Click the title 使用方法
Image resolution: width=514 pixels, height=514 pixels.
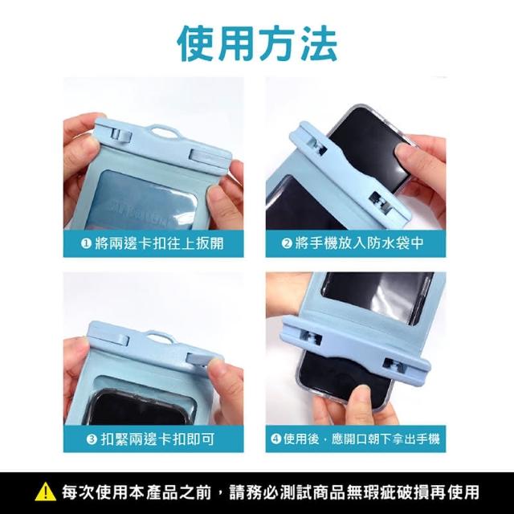[x=257, y=44]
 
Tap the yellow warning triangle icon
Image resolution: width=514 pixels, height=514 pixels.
[x=46, y=492]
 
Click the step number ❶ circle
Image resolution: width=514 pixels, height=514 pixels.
[x=86, y=243]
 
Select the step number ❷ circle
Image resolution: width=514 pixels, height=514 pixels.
[x=287, y=243]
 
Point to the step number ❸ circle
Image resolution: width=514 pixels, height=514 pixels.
[x=92, y=439]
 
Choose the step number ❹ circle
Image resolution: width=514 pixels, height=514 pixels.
[x=276, y=439]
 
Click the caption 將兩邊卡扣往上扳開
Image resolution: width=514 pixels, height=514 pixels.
[x=159, y=243]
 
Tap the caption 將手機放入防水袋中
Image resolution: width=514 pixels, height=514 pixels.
[x=359, y=243]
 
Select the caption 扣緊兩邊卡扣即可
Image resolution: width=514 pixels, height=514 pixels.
[x=158, y=439]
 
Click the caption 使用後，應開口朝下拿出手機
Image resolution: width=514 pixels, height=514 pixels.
[x=361, y=439]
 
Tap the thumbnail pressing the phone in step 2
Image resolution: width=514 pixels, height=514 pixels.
[x=406, y=153]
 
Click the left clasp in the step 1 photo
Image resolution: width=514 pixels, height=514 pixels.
[x=121, y=135]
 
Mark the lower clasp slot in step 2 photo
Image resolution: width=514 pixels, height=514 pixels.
[x=381, y=202]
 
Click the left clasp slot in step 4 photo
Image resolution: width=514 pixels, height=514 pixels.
[x=309, y=338]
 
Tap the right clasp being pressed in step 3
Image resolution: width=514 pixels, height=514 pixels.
[x=198, y=358]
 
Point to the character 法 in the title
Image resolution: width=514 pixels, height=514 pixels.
[x=317, y=44]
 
